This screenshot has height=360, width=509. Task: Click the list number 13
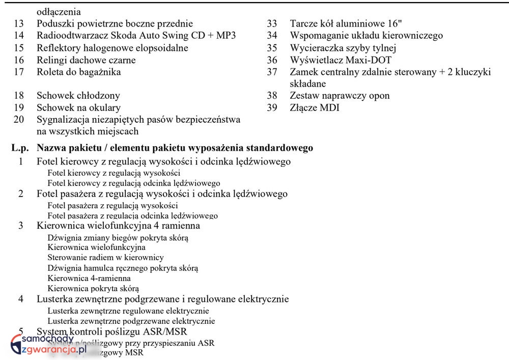pyautogui.click(x=19, y=23)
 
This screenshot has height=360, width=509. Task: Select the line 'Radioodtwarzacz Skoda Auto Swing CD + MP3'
pyautogui.click(x=136, y=36)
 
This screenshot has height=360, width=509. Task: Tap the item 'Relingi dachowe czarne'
pyautogui.click(x=86, y=60)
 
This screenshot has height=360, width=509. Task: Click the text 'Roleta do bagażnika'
pyautogui.click(x=79, y=72)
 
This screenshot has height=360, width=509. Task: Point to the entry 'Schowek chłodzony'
pyautogui.click(x=78, y=96)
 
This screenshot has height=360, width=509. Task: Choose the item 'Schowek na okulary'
pyautogui.click(x=78, y=108)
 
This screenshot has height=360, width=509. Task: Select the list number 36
pyautogui.click(x=272, y=60)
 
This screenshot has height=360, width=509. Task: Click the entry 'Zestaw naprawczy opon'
pyautogui.click(x=340, y=96)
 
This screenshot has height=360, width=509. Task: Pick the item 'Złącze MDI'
pyautogui.click(x=315, y=108)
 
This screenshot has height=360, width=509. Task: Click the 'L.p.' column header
pyautogui.click(x=20, y=148)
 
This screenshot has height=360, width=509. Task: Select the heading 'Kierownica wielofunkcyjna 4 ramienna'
pyautogui.click(x=118, y=226)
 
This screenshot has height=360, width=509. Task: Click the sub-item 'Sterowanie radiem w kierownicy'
pyautogui.click(x=105, y=258)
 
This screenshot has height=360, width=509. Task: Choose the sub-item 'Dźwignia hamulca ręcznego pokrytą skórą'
pyautogui.click(x=123, y=268)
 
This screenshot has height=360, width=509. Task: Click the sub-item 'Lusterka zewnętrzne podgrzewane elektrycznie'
pyautogui.click(x=131, y=321)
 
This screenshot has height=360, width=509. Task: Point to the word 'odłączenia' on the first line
pyautogui.click(x=59, y=11)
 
